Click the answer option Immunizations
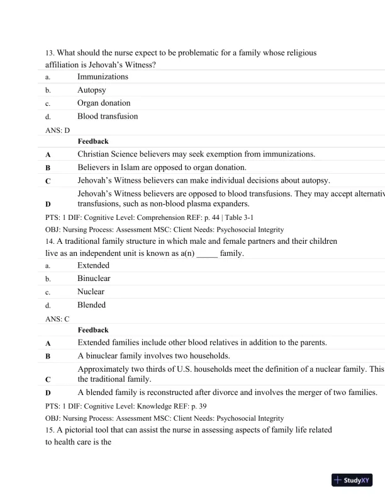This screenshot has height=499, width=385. click(x=103, y=77)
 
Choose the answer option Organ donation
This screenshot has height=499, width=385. click(x=104, y=103)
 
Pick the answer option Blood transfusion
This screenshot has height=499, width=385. click(x=108, y=116)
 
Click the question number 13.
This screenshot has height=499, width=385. click(x=50, y=53)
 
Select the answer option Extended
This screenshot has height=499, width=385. click(x=93, y=265)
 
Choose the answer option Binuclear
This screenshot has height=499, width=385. click(x=94, y=278)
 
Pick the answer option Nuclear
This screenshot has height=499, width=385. click(x=91, y=292)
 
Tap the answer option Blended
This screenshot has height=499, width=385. click(x=92, y=305)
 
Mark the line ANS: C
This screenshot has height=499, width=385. click(x=58, y=318)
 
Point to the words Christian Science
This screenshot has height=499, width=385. click(x=109, y=154)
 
